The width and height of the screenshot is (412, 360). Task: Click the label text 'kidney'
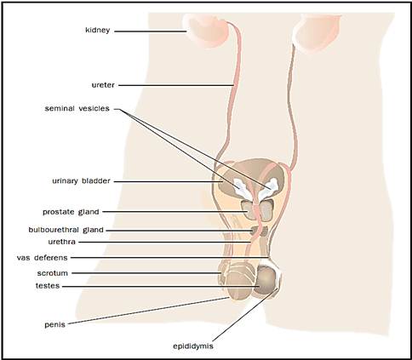tap(97, 30)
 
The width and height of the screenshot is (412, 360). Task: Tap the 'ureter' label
tap(103, 85)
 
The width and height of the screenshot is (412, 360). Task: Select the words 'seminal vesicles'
tap(77, 108)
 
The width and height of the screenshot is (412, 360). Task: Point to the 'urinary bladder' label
tap(81, 180)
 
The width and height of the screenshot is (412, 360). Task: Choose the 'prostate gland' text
tap(71, 212)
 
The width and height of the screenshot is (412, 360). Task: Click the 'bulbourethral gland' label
tap(66, 230)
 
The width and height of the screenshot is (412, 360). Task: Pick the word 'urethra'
tap(61, 242)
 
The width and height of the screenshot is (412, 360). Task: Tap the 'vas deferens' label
tap(42, 258)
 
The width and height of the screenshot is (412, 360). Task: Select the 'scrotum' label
tap(53, 273)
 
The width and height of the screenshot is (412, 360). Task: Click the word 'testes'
tap(48, 286)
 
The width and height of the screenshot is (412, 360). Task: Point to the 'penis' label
tap(54, 325)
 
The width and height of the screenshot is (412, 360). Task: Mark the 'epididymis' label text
tap(193, 346)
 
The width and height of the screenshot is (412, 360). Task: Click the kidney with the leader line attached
tap(206, 31)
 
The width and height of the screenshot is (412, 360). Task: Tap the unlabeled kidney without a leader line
tap(317, 31)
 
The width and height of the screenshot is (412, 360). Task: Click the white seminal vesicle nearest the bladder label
tap(240, 187)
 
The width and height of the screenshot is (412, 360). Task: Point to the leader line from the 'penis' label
tap(148, 311)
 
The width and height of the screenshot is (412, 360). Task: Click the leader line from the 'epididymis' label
tap(244, 315)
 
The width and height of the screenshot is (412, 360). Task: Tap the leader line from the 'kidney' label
tap(150, 31)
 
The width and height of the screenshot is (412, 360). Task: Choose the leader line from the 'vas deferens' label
tap(169, 258)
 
